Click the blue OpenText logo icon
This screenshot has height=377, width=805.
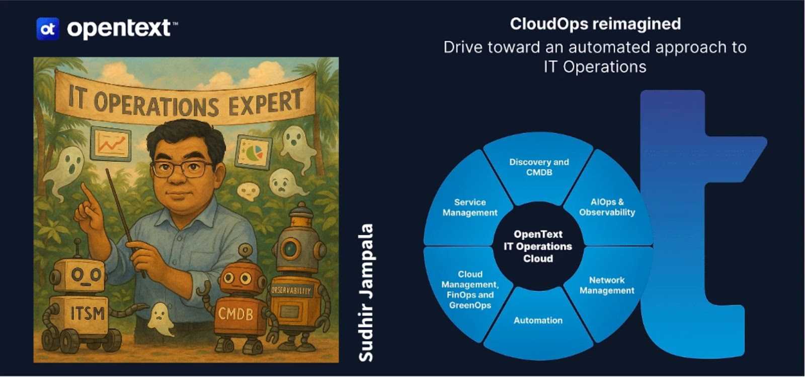(47, 29)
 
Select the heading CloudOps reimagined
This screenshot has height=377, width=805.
(595, 24)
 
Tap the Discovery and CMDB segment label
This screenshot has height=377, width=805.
(539, 167)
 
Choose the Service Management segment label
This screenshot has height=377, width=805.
(470, 208)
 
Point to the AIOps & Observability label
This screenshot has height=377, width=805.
(607, 207)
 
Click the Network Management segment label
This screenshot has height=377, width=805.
(607, 285)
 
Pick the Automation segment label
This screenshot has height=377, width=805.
(538, 321)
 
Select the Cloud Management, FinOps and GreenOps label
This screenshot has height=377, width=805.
(470, 290)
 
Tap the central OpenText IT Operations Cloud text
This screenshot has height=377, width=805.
(538, 246)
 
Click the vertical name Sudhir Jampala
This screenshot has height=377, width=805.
(366, 293)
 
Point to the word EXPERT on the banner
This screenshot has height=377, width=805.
(266, 103)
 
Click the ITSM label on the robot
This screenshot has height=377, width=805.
(87, 313)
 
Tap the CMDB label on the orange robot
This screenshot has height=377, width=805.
(235, 315)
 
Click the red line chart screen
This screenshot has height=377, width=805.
(110, 144)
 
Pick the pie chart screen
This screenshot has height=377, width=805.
(254, 152)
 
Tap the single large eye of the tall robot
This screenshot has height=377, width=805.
(290, 248)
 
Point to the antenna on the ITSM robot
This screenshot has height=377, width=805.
(77, 249)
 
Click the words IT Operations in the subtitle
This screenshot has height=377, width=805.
(595, 67)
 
